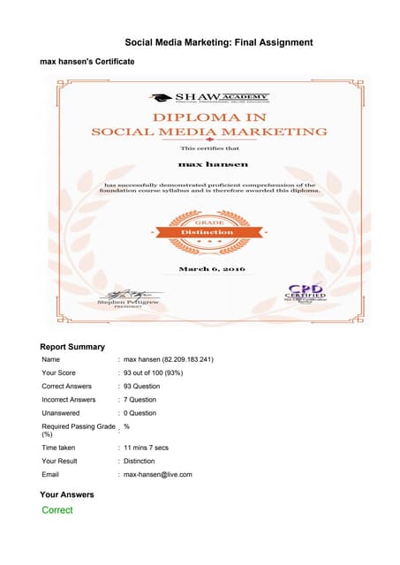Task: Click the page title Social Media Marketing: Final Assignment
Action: (x=218, y=41)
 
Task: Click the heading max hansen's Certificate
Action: (x=87, y=63)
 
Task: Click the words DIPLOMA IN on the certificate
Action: (x=209, y=116)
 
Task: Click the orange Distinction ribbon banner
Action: (x=208, y=231)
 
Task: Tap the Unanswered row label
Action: (x=63, y=412)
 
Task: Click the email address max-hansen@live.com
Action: (x=158, y=474)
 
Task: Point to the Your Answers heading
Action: (x=67, y=494)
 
